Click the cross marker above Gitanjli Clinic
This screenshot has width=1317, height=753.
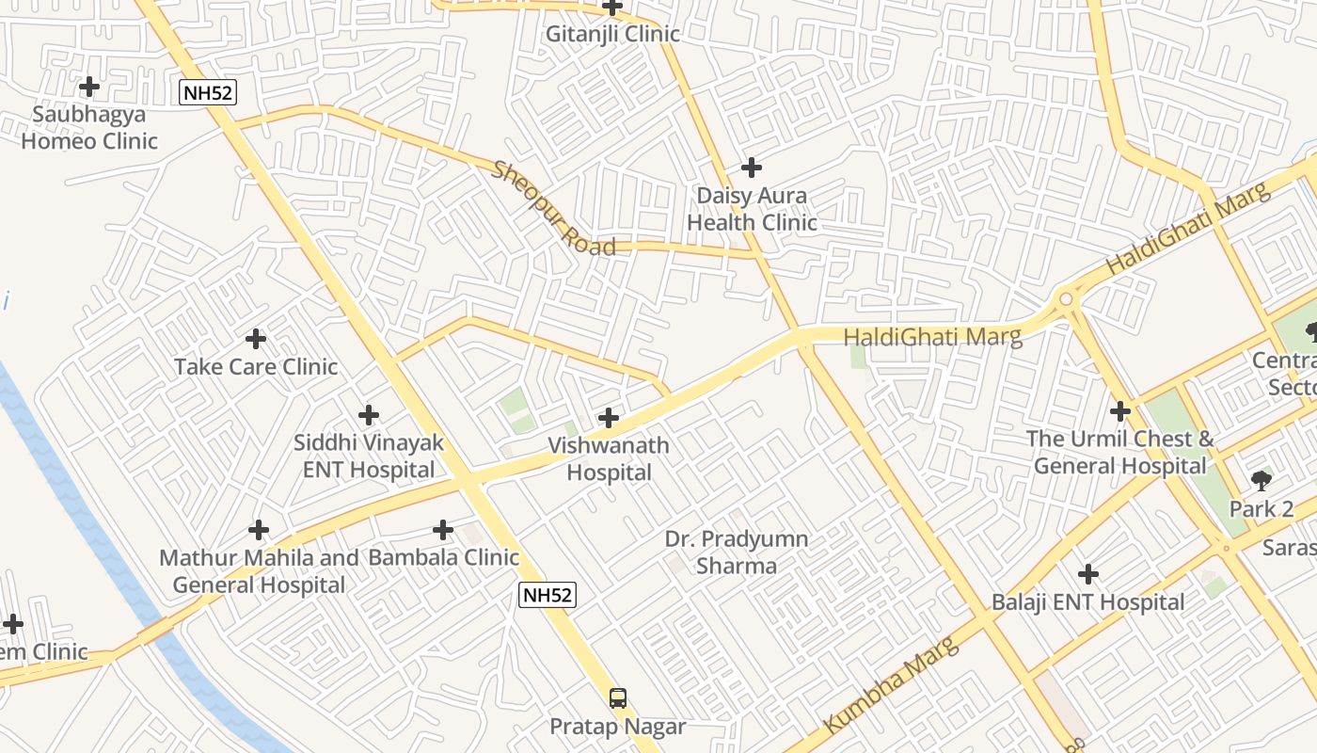click(612, 8)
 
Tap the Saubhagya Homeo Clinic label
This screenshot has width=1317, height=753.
click(89, 128)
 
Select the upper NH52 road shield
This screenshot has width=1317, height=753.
click(207, 92)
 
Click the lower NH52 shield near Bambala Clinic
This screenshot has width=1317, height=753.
click(547, 595)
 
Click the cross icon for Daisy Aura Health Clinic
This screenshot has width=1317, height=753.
click(751, 168)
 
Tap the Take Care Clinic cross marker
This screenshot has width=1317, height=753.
click(255, 338)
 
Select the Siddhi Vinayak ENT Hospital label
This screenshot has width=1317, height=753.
click(369, 456)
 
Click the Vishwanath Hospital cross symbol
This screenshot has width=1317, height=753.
click(609, 417)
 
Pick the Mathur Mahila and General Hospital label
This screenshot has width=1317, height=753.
click(259, 571)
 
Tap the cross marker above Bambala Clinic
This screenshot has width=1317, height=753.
click(443, 530)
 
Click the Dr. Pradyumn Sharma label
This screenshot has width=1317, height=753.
click(737, 553)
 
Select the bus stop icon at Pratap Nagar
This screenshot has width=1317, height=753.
click(617, 698)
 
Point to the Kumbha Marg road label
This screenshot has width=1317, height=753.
click(891, 685)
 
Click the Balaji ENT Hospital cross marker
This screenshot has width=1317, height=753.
click(1088, 573)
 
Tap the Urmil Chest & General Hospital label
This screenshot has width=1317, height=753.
click(1119, 452)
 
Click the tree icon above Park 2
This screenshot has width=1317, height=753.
click(1261, 481)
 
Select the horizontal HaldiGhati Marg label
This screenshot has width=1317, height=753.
click(932, 337)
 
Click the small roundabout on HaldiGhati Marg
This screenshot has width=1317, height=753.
click(1066, 299)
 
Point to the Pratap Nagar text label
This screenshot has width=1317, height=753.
click(617, 727)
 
